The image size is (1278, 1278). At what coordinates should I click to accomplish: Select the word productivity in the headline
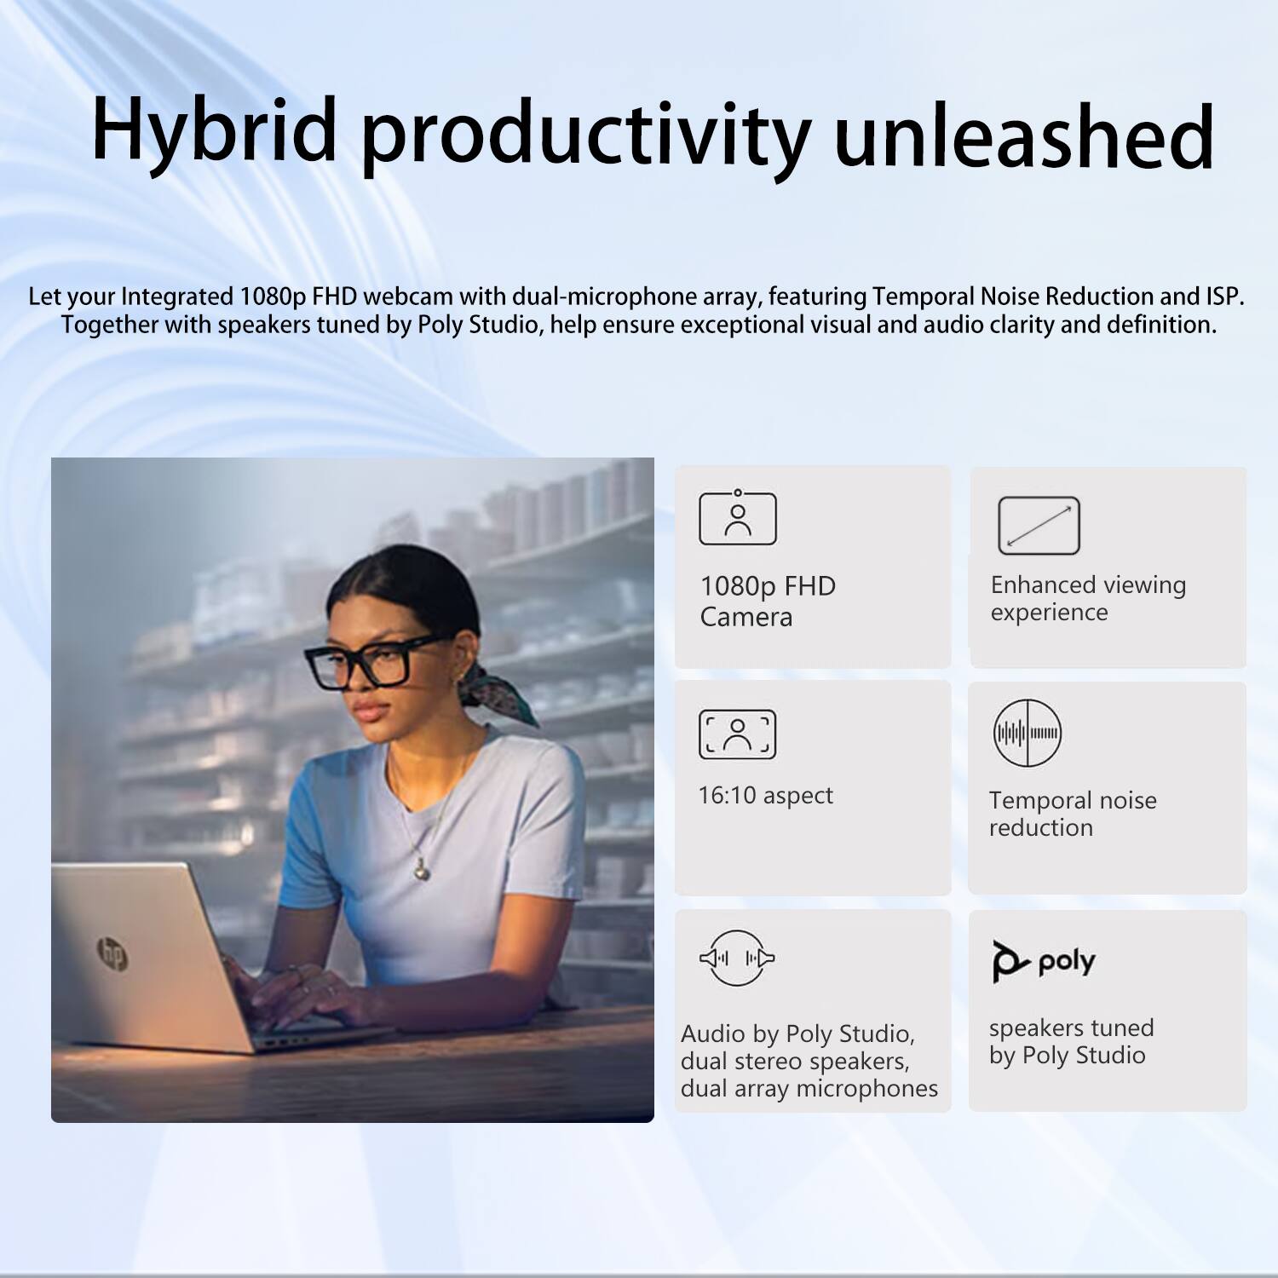(585, 136)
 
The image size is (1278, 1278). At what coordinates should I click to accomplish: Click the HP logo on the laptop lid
(112, 953)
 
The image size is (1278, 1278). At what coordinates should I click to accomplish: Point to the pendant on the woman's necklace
(421, 869)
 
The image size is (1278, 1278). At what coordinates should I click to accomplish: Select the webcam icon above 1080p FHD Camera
(737, 518)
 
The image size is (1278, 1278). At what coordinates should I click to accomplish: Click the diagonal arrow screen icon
(1039, 526)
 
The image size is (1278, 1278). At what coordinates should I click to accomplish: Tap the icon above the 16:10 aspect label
(737, 734)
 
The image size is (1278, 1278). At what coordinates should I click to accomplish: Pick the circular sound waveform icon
(1028, 733)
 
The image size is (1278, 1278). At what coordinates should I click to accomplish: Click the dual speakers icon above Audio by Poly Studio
(737, 958)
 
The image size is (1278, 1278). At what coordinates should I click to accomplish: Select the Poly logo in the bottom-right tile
(1044, 961)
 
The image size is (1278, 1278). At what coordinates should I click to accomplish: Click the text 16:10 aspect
(765, 796)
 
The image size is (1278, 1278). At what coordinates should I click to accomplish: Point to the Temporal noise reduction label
(1072, 814)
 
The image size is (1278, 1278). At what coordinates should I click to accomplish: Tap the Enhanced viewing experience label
(1087, 598)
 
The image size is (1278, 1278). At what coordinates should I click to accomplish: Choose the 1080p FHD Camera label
(767, 601)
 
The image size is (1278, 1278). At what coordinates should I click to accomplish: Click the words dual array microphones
(809, 1088)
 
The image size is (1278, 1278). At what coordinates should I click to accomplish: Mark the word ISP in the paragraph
(1223, 296)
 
